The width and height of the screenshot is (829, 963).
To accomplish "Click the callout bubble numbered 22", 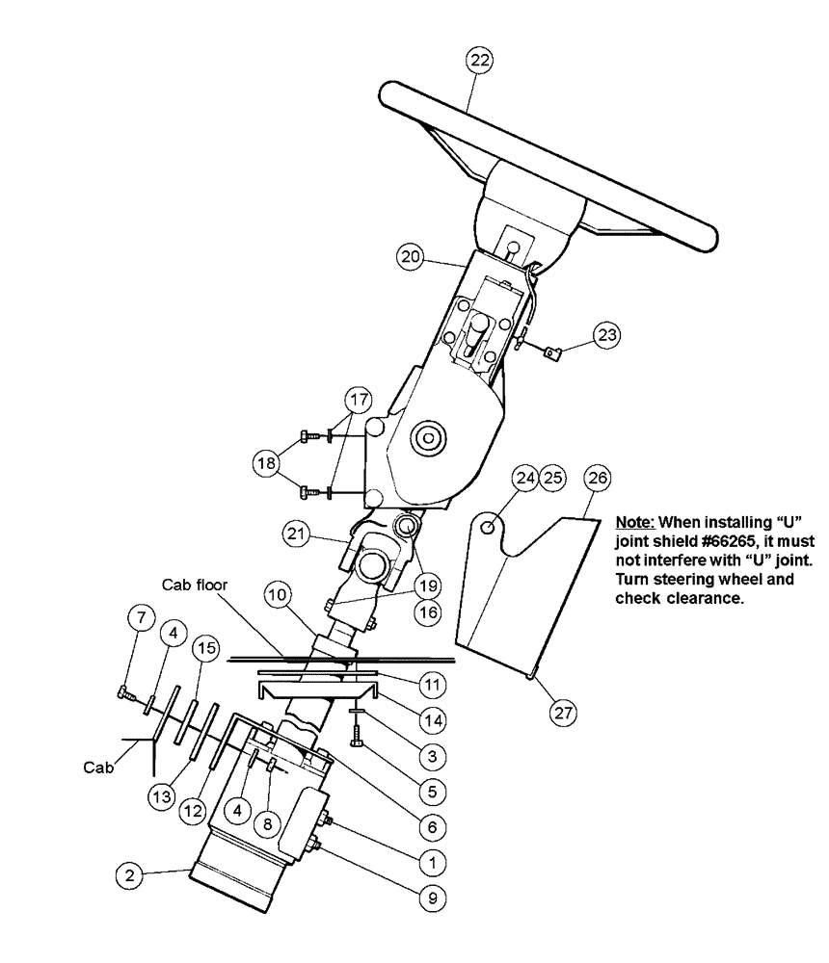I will pyautogui.click(x=479, y=60).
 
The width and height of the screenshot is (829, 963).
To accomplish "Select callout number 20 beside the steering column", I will pyautogui.click(x=412, y=257).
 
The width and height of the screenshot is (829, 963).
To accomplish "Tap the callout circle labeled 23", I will pyautogui.click(x=608, y=335).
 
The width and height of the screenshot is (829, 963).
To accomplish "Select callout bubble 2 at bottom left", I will pyautogui.click(x=128, y=875).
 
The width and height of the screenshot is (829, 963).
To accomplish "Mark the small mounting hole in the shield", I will pyautogui.click(x=492, y=526).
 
